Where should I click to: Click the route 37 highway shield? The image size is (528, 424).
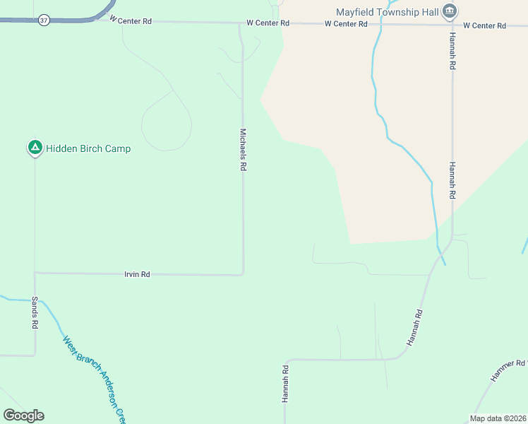tap(44, 20)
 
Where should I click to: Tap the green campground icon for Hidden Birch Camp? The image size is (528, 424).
tap(34, 148)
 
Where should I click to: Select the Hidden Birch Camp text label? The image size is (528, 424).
tap(88, 148)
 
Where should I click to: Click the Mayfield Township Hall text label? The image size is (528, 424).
tap(387, 11)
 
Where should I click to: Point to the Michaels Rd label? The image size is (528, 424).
tap(243, 149)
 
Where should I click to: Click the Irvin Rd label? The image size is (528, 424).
tap(137, 274)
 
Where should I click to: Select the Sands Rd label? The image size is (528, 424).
tap(34, 312)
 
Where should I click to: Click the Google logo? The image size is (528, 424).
tap(23, 416)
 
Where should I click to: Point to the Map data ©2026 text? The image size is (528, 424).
tap(498, 418)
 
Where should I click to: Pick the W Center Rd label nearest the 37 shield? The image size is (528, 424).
tap(131, 21)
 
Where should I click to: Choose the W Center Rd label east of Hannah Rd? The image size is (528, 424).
tap(485, 25)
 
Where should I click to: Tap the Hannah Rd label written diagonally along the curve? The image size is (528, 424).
tap(414, 327)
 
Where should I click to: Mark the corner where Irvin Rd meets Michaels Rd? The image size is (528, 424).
tap(244, 273)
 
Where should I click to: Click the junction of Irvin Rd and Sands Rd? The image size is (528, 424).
tap(35, 272)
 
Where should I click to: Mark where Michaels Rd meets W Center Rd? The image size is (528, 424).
tap(241, 23)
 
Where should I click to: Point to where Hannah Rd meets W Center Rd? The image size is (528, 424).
tap(452, 25)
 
